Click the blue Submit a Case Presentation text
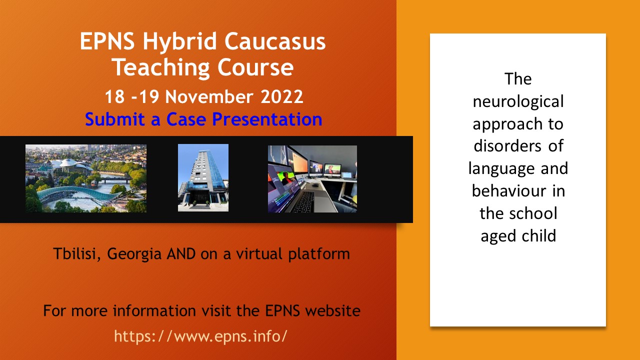click(x=203, y=119)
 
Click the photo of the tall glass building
click(x=203, y=177)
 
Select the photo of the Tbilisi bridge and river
click(x=86, y=178)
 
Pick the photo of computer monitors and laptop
click(x=312, y=179)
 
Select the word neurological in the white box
click(x=518, y=101)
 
